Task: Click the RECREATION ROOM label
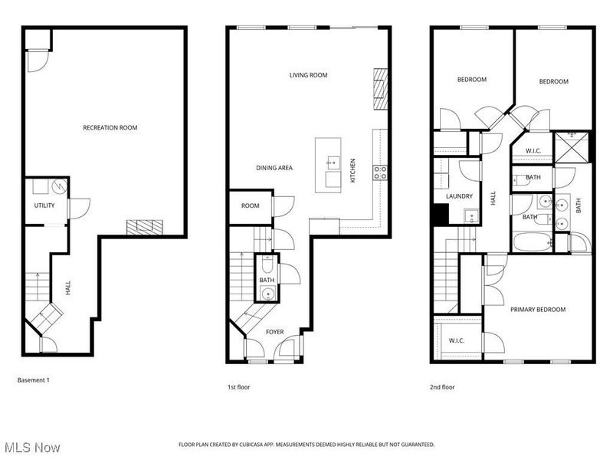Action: [110, 127]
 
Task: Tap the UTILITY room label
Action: [43, 206]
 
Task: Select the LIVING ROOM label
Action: [308, 75]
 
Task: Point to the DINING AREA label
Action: [274, 168]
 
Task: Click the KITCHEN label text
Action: [352, 169]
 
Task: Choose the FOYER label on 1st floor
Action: [274, 332]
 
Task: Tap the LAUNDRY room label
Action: [459, 196]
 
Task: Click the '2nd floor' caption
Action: [442, 387]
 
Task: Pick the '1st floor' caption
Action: [238, 387]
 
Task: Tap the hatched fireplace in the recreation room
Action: [145, 225]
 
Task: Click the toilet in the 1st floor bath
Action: [267, 266]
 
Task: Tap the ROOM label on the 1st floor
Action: [250, 205]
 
